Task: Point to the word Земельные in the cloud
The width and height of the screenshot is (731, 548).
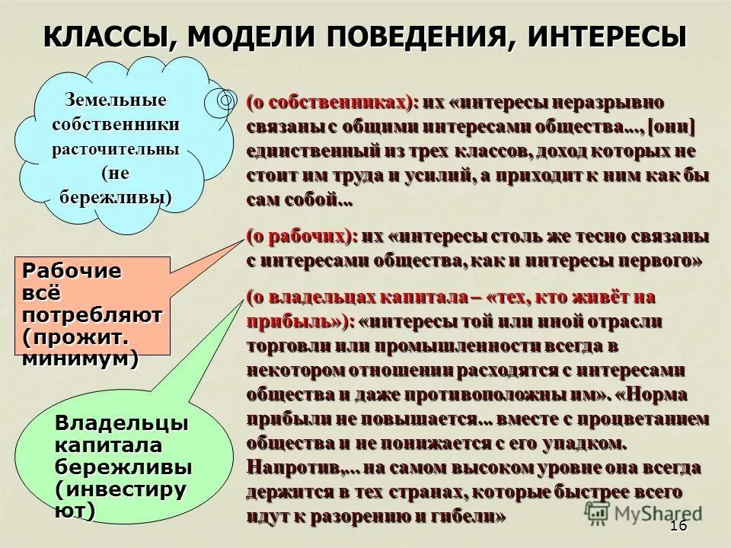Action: [116, 100]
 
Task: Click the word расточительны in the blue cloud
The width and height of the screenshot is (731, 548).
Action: [116, 148]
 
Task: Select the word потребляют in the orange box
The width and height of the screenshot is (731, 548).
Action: [91, 314]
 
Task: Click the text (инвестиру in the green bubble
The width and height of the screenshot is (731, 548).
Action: [120, 489]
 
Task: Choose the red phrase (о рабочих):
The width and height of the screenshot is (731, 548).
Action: [302, 237]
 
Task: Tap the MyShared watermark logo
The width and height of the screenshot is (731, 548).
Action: [643, 512]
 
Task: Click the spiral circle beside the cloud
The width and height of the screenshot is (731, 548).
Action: [226, 100]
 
